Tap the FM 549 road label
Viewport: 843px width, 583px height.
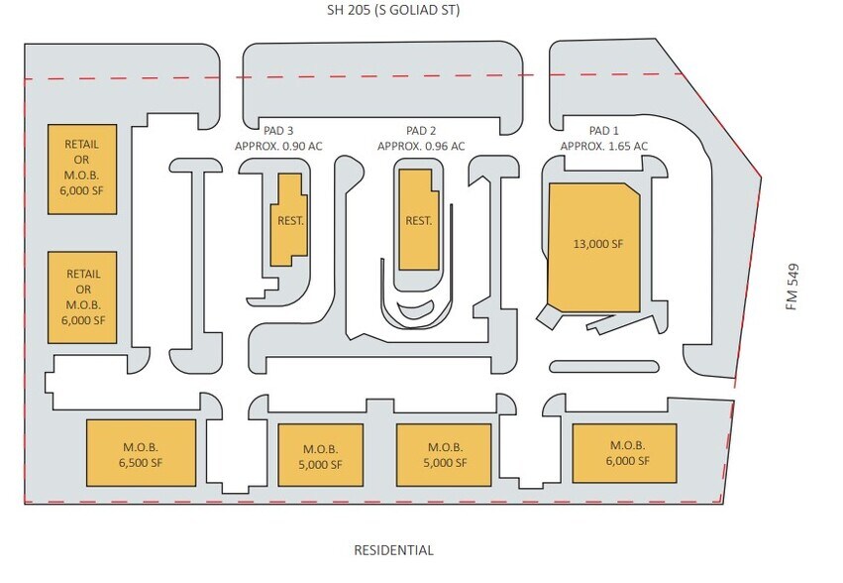pyautogui.click(x=792, y=287)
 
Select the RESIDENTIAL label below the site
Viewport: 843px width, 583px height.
pyautogui.click(x=394, y=549)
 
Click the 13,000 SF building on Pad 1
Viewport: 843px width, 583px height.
pyautogui.click(x=596, y=243)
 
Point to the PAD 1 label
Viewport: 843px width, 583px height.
pyautogui.click(x=603, y=131)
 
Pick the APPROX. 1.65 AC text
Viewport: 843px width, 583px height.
pyautogui.click(x=603, y=147)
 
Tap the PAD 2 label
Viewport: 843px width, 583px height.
pyautogui.click(x=421, y=131)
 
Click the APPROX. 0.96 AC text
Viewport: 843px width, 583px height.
pyautogui.click(x=421, y=147)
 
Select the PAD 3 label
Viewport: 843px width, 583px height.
pyautogui.click(x=278, y=131)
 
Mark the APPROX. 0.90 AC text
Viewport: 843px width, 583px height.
pyautogui.click(x=278, y=147)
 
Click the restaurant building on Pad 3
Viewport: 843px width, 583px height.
pyautogui.click(x=289, y=219)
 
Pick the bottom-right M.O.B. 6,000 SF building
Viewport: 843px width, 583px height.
pyautogui.click(x=628, y=453)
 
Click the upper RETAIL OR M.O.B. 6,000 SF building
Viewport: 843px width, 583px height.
pyautogui.click(x=82, y=170)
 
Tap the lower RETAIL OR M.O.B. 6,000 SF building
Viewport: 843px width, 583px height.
pyautogui.click(x=82, y=297)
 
